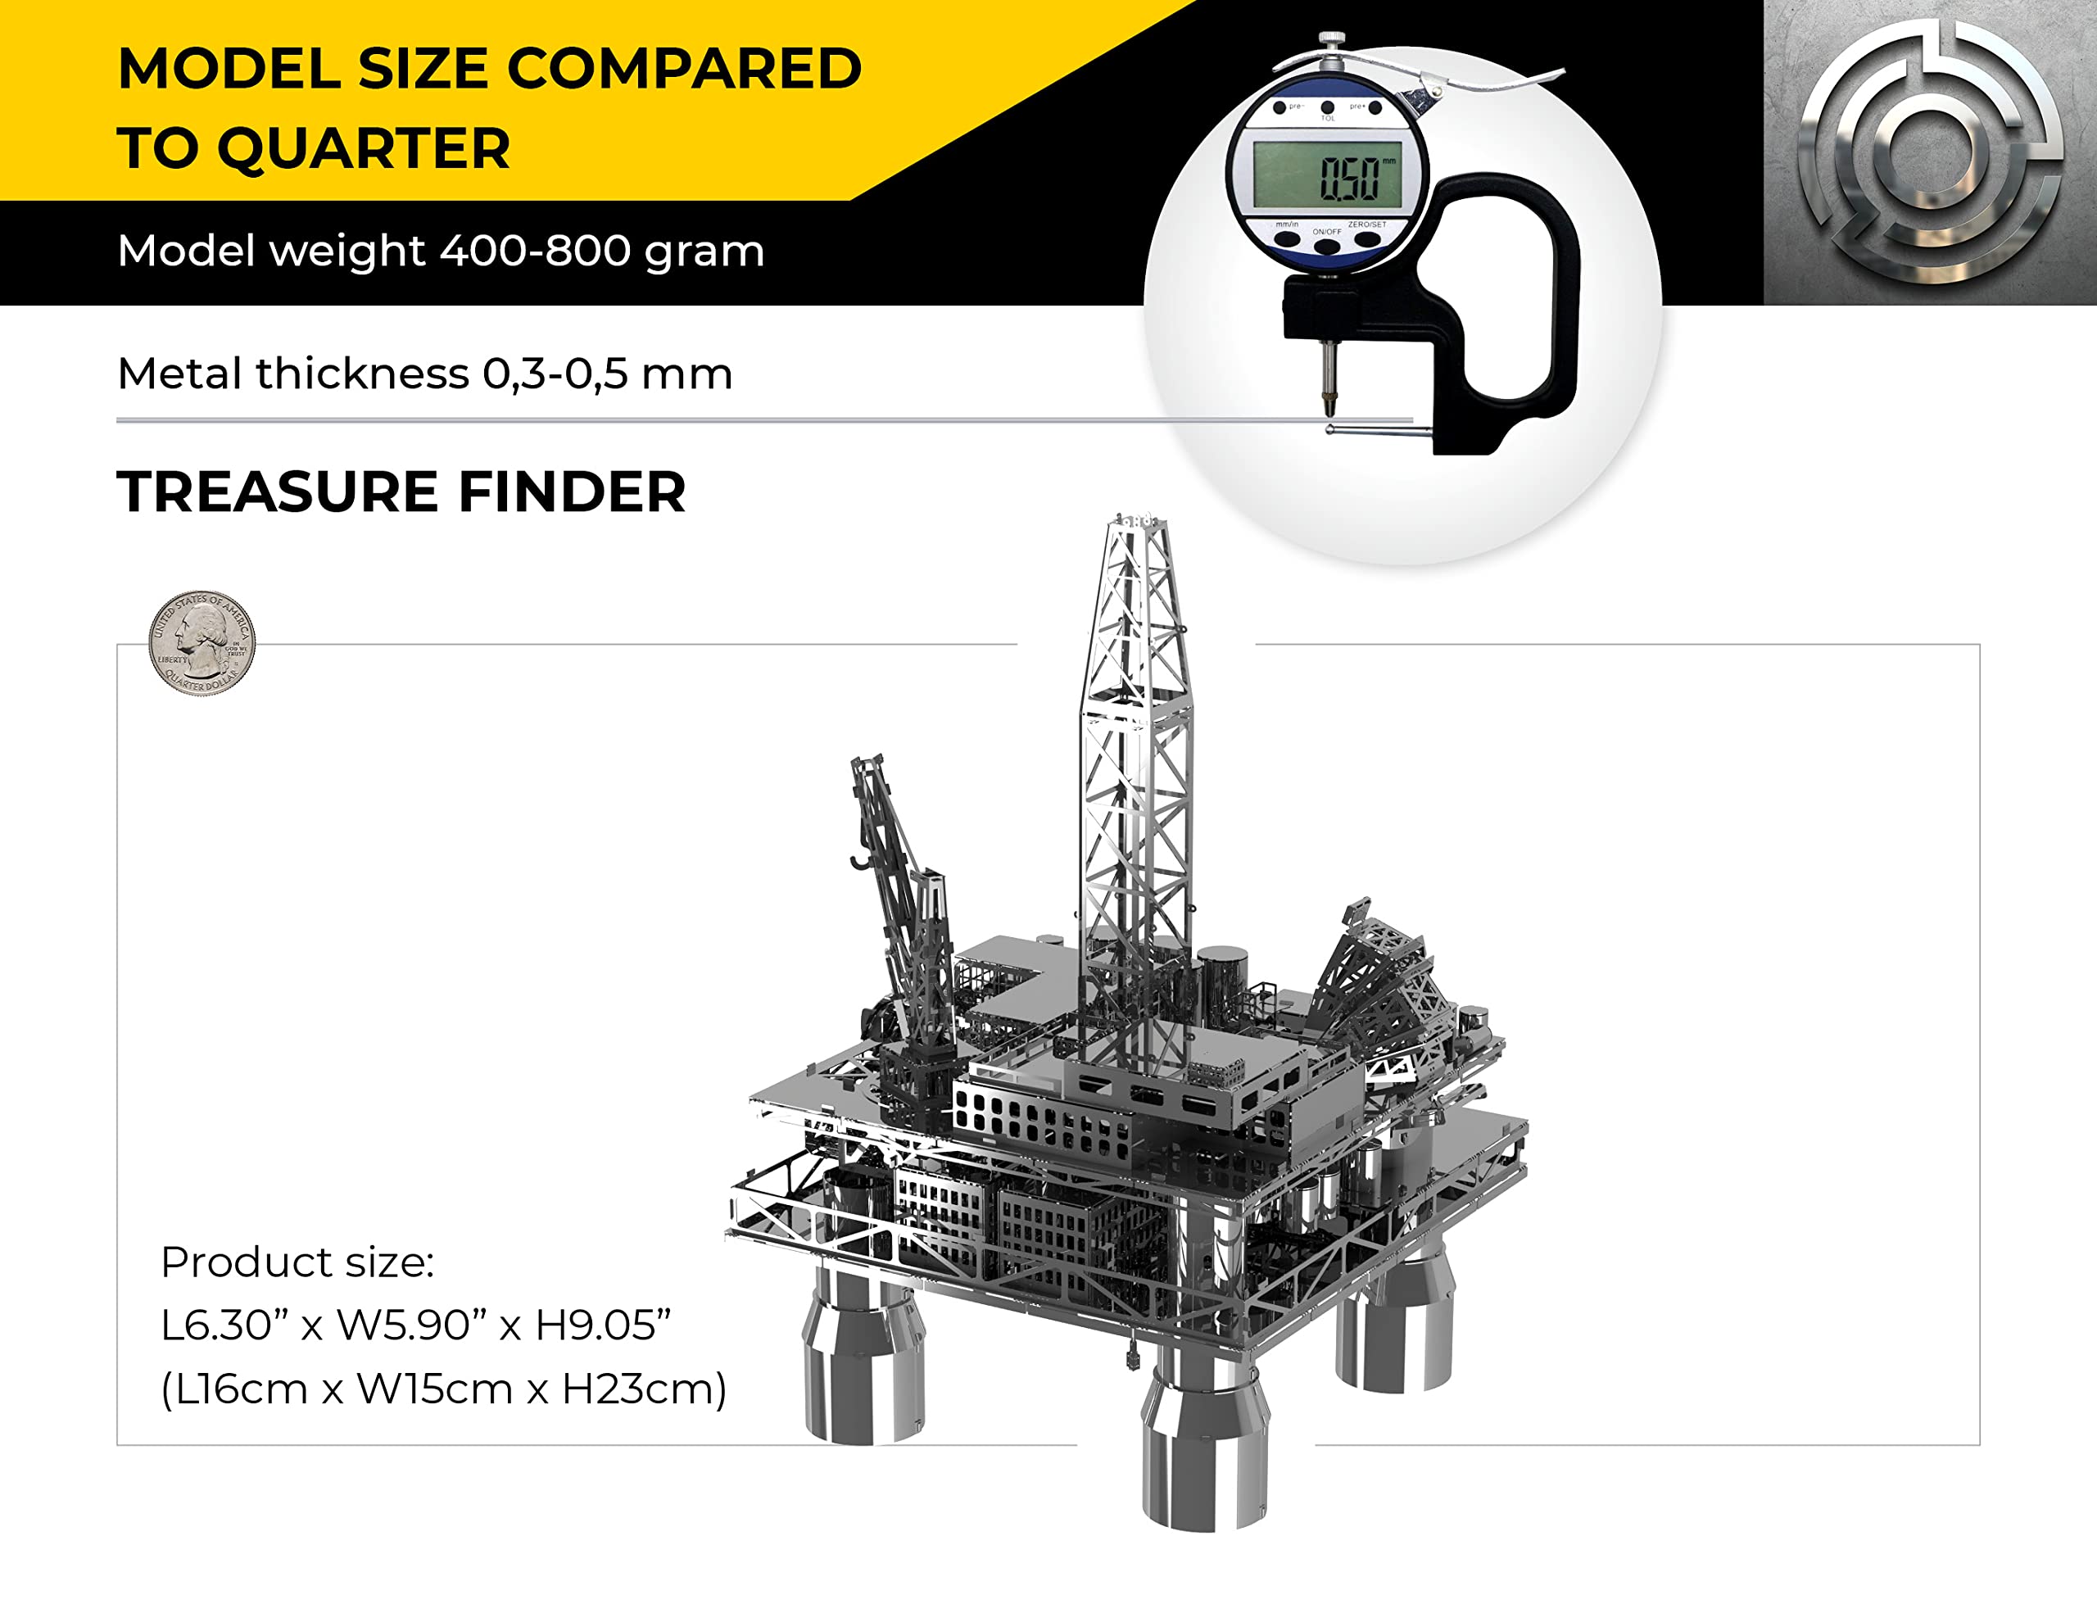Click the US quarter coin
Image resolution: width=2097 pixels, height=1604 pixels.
click(x=202, y=641)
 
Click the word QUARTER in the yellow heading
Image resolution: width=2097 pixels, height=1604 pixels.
click(x=364, y=149)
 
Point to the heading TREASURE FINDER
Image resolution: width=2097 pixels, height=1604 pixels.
click(x=401, y=492)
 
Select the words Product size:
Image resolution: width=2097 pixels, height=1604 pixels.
click(x=297, y=1262)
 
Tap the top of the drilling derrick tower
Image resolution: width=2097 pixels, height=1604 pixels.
click(x=1138, y=523)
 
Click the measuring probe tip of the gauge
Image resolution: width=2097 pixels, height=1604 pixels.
click(x=1328, y=401)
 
